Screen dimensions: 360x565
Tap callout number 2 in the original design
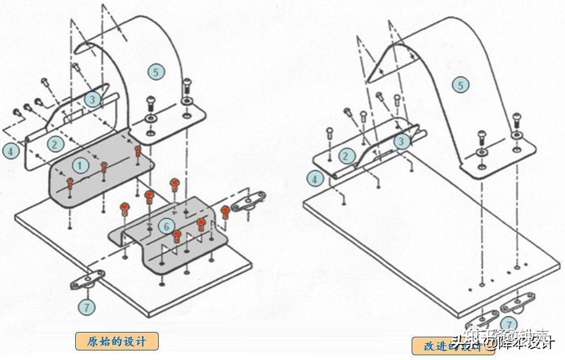(55, 143)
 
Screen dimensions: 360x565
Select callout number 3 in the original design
(91, 99)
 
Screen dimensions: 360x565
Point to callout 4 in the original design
(10, 150)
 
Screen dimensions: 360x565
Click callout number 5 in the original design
(156, 72)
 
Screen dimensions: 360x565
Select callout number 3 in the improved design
(402, 141)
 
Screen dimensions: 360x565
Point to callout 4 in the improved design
(316, 177)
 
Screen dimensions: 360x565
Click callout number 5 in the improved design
(460, 85)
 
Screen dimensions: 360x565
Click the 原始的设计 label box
(117, 341)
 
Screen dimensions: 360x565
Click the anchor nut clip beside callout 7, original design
(87, 282)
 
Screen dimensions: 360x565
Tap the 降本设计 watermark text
(525, 343)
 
